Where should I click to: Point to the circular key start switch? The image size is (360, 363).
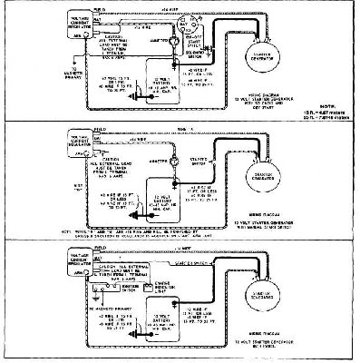191,27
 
